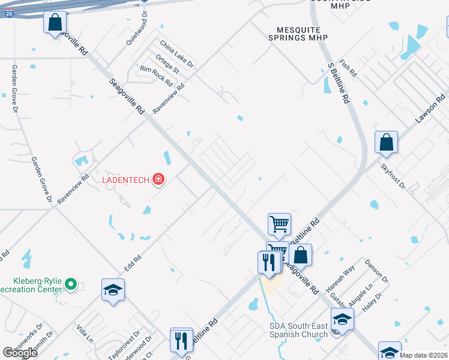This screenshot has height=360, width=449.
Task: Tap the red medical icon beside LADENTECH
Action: pyautogui.click(x=158, y=179)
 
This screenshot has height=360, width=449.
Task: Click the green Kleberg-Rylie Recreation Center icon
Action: pyautogui.click(x=71, y=283)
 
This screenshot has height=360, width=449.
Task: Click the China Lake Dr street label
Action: pyautogui.click(x=177, y=54)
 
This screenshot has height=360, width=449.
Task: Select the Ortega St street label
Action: pyautogui.click(x=167, y=65)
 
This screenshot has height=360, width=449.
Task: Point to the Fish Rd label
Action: pyautogui.click(x=348, y=68)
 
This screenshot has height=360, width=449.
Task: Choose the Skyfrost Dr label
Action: pyautogui.click(x=394, y=176)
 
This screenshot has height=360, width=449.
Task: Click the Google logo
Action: pyautogui.click(x=20, y=353)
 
